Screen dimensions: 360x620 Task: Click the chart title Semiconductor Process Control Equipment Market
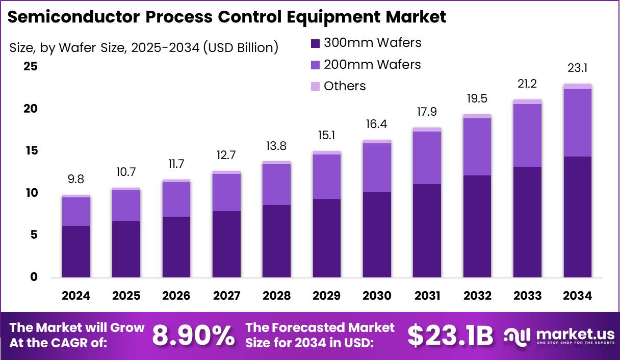(x=227, y=17)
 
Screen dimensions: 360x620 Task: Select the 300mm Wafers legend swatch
(x=315, y=43)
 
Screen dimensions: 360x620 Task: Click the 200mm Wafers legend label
(x=372, y=64)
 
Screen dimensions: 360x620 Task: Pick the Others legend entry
(x=345, y=86)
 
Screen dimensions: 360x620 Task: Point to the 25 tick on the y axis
(x=31, y=67)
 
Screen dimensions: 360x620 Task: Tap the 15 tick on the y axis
(x=31, y=151)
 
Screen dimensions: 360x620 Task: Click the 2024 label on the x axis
(x=76, y=296)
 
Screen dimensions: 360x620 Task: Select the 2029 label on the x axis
(x=327, y=296)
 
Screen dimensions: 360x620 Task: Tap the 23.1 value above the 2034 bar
(x=578, y=68)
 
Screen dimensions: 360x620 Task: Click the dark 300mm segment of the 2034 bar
(x=578, y=217)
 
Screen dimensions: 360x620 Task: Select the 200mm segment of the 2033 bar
(x=528, y=135)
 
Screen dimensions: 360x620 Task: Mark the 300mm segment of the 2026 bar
(x=176, y=247)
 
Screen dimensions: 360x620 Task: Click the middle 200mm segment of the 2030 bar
(x=377, y=167)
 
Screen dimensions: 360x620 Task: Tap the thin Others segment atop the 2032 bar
(x=477, y=116)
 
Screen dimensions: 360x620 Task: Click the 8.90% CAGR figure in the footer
(x=193, y=335)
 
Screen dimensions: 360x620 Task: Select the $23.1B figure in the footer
(x=450, y=335)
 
